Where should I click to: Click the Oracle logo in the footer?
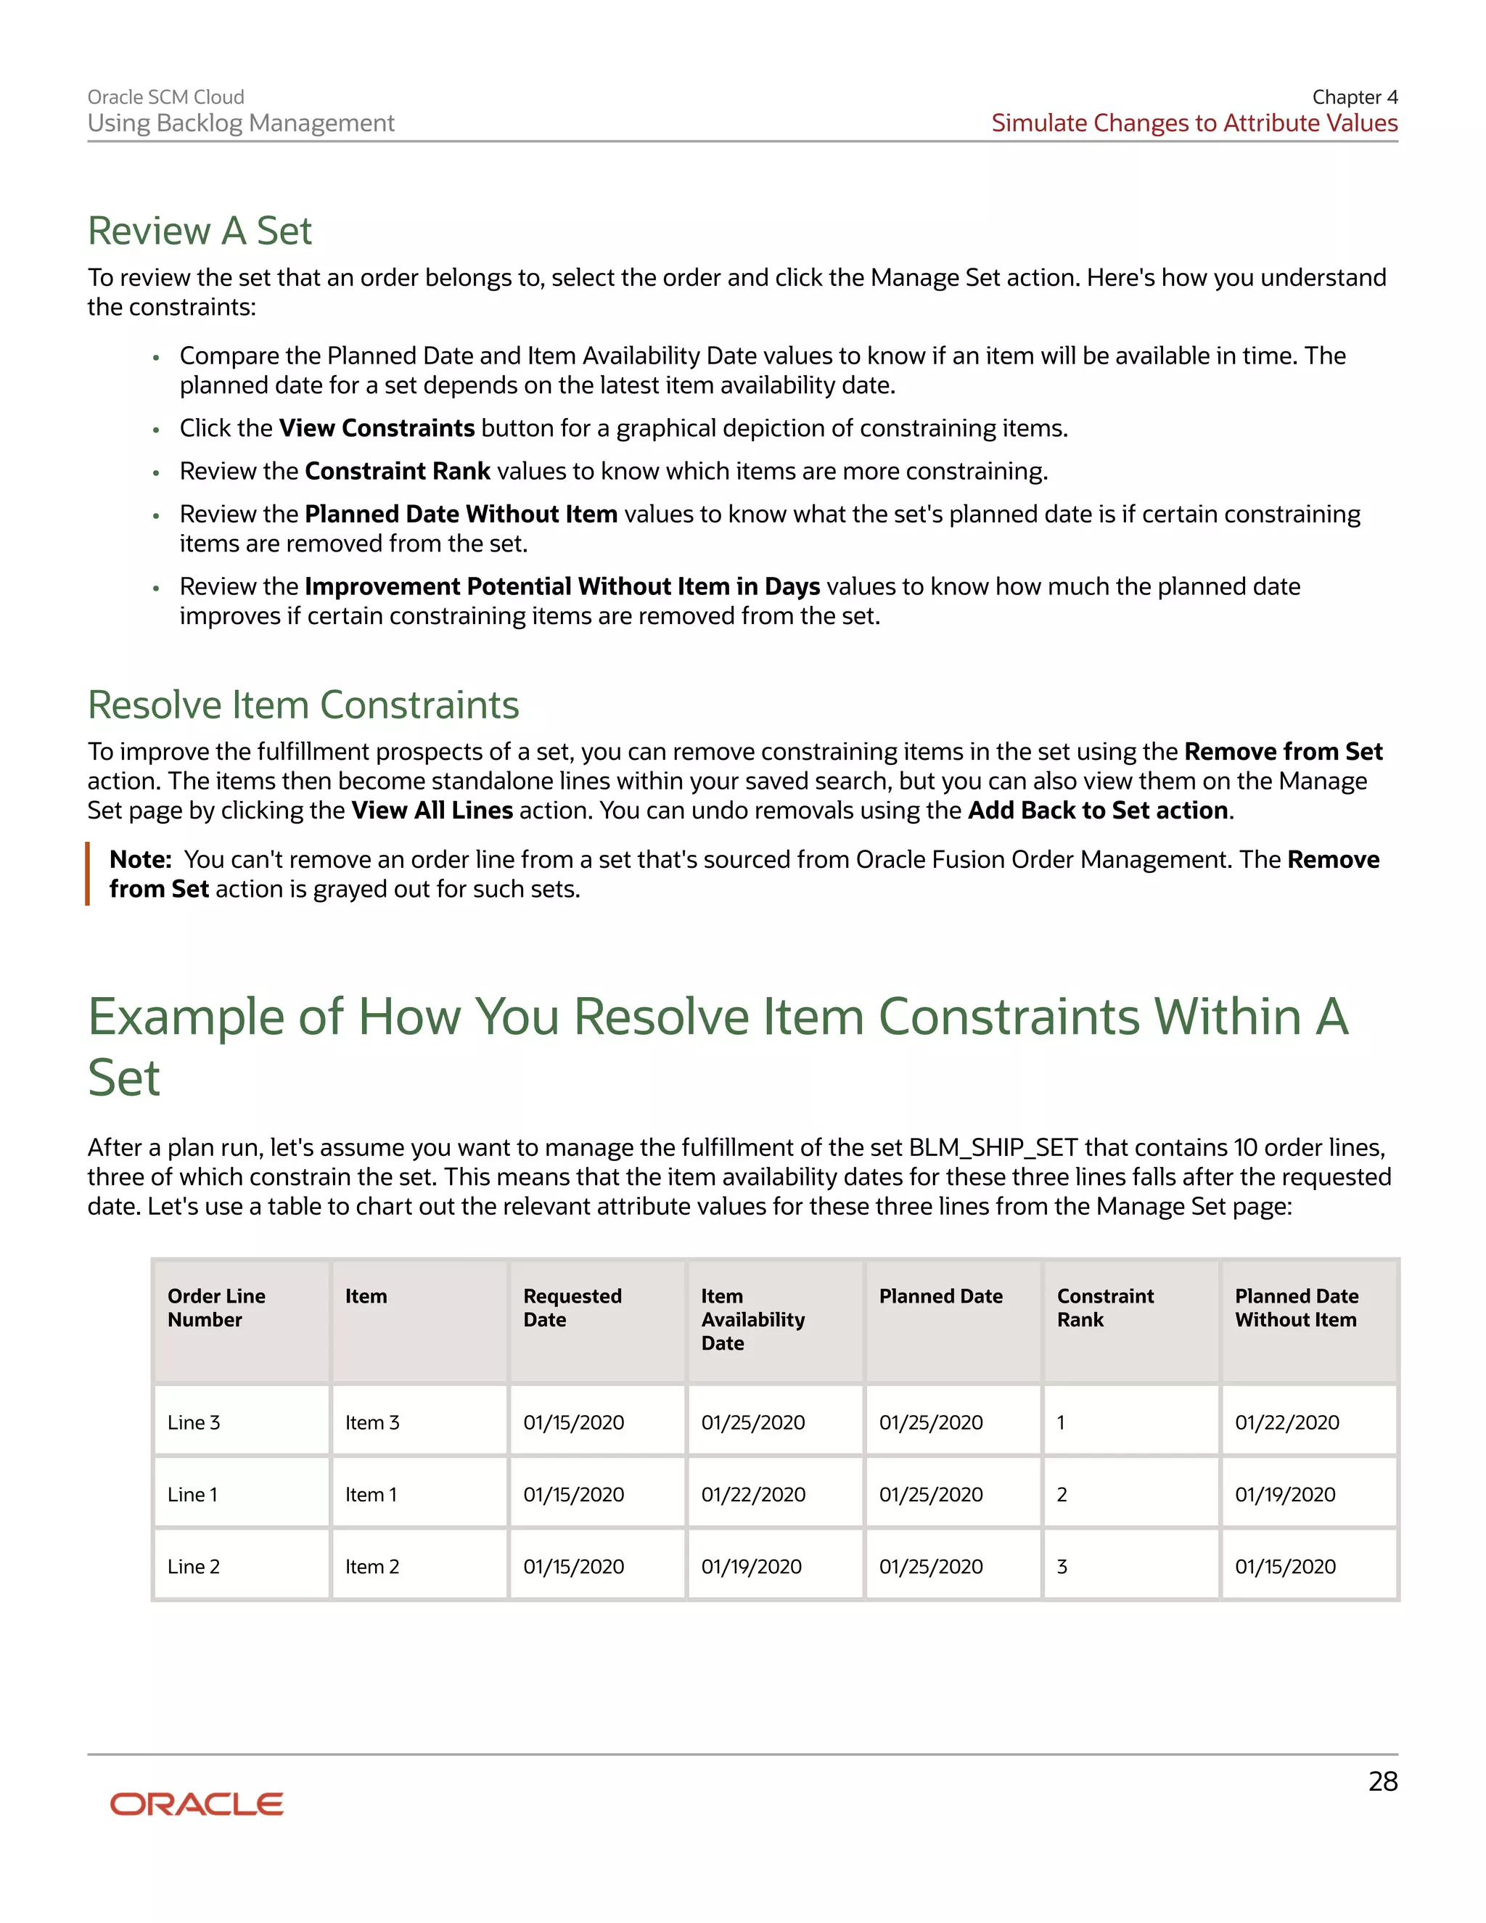pyautogui.click(x=197, y=1803)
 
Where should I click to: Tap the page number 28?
pyautogui.click(x=1382, y=1781)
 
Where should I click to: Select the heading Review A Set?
pyautogui.click(x=200, y=231)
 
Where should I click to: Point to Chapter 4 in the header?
pyautogui.click(x=1354, y=97)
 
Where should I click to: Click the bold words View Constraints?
pyautogui.click(x=377, y=429)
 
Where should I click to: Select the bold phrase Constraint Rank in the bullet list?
pyautogui.click(x=397, y=472)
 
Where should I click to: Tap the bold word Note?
pyautogui.click(x=140, y=860)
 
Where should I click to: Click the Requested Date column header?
pyautogui.click(x=572, y=1308)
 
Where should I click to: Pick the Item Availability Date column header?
pyautogui.click(x=752, y=1319)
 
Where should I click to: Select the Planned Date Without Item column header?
pyautogui.click(x=1296, y=1308)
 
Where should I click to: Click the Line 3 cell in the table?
pyautogui.click(x=194, y=1423)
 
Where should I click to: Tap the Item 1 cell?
pyautogui.click(x=371, y=1495)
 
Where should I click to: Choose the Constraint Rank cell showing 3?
pyautogui.click(x=1062, y=1567)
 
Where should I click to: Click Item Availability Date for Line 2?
pyautogui.click(x=751, y=1567)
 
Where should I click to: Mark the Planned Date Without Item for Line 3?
pyautogui.click(x=1286, y=1423)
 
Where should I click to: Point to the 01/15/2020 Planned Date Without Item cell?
pyautogui.click(x=1284, y=1567)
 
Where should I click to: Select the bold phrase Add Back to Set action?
pyautogui.click(x=1098, y=811)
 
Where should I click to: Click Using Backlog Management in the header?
pyautogui.click(x=240, y=123)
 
